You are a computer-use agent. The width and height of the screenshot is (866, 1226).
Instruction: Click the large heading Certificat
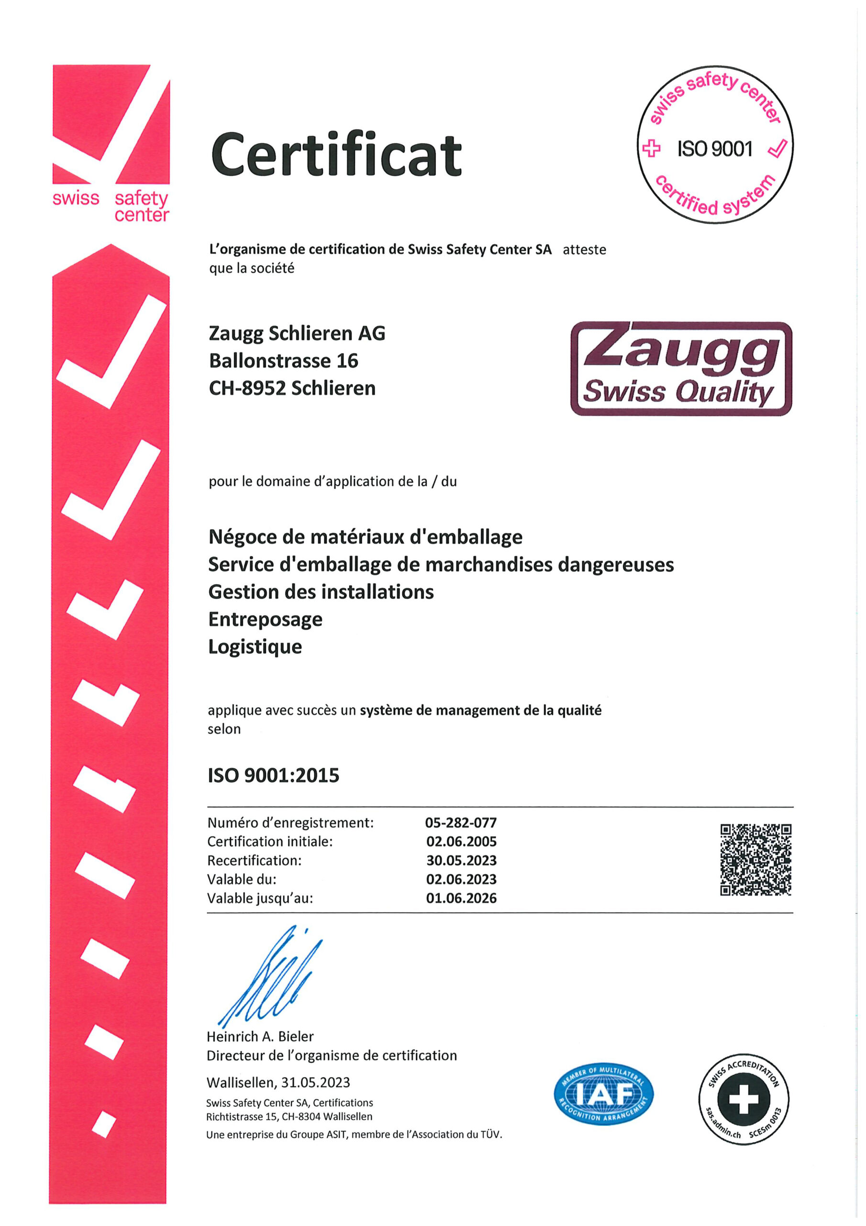[336, 154]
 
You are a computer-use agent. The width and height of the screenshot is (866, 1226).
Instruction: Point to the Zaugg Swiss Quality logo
[681, 368]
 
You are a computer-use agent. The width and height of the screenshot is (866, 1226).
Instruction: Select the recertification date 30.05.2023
[461, 860]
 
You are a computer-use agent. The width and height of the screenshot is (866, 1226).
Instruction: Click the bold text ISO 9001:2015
[273, 775]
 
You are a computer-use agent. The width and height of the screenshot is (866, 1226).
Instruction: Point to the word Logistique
[255, 647]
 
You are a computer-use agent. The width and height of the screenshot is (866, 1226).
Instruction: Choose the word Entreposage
[265, 619]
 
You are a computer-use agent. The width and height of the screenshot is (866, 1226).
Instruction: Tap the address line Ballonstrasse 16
[283, 361]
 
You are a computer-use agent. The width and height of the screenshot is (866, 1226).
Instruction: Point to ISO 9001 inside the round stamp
[714, 149]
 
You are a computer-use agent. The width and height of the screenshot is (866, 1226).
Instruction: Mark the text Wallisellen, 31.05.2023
[278, 1082]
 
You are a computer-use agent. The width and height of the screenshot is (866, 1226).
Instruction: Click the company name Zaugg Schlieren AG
[297, 333]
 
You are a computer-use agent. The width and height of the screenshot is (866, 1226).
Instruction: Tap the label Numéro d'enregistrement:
[290, 822]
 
